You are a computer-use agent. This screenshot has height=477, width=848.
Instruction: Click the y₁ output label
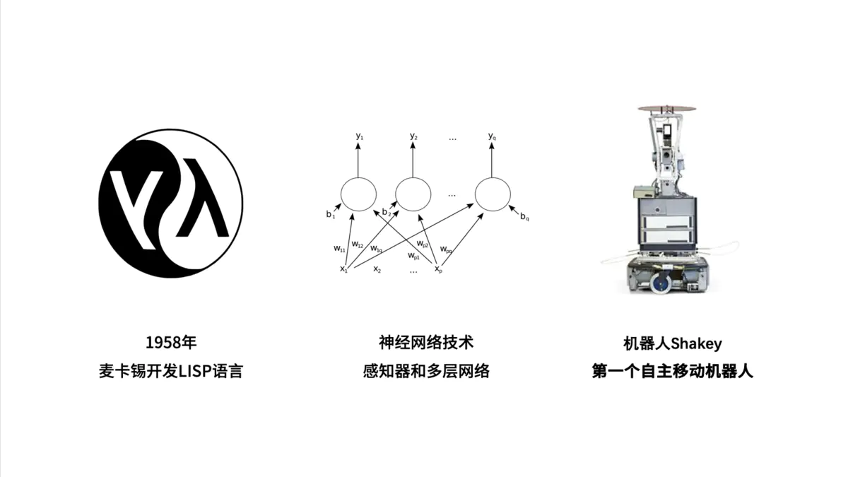click(x=360, y=135)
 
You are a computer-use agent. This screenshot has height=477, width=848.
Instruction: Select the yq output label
click(x=492, y=135)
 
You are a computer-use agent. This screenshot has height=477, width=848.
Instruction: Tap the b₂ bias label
click(x=386, y=212)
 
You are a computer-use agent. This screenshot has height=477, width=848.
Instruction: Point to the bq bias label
click(x=525, y=216)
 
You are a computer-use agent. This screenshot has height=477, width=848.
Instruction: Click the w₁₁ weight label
click(x=339, y=248)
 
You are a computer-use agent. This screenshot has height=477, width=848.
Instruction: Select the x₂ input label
click(x=377, y=269)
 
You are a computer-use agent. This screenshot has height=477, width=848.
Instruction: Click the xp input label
click(x=438, y=269)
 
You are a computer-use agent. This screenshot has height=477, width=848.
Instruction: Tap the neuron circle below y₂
click(x=413, y=194)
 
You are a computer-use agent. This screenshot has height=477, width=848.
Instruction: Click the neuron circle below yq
click(x=493, y=194)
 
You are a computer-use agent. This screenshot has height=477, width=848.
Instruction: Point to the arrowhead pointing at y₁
click(x=359, y=146)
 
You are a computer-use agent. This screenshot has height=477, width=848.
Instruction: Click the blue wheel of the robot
click(x=660, y=284)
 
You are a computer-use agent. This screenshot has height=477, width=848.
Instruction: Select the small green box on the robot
click(x=642, y=190)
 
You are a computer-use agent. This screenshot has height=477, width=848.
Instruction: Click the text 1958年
click(x=170, y=343)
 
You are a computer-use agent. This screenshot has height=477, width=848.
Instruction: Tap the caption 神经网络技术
click(x=426, y=343)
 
